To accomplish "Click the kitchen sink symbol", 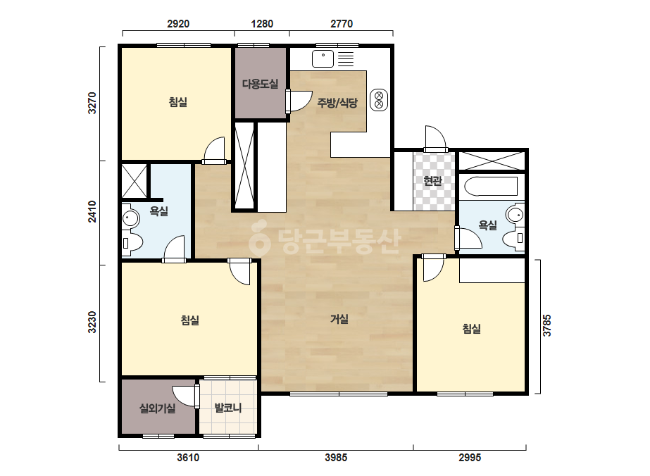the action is [323, 58].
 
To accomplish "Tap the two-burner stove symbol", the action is [378, 99].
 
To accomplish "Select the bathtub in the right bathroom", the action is [492, 186].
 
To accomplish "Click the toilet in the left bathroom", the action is [132, 243].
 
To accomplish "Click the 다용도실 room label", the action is [261, 84].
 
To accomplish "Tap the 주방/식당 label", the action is [337, 102].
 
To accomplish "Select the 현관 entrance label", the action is [433, 181].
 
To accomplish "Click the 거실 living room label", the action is [339, 319].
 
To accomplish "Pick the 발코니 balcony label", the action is [227, 408].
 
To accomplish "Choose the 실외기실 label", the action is [158, 408].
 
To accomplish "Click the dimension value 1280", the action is [262, 24].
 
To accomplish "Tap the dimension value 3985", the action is [336, 458].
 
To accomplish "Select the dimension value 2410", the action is [92, 212].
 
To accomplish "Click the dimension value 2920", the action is [178, 24].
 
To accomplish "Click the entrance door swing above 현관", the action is [435, 139].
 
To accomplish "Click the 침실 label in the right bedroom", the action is [472, 329].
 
